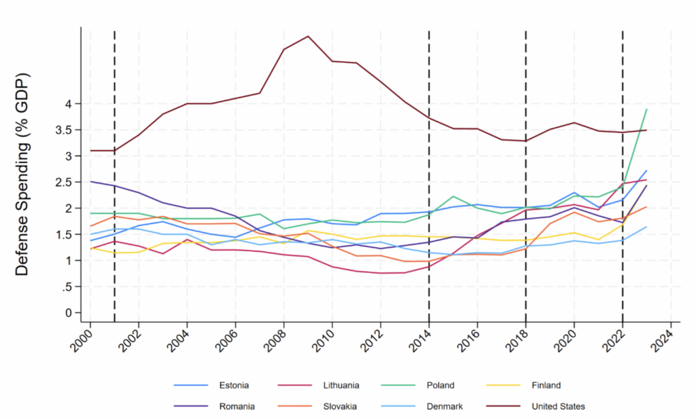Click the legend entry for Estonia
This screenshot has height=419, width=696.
tap(232, 385)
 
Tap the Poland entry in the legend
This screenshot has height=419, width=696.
tap(439, 385)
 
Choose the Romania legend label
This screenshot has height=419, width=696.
tap(236, 407)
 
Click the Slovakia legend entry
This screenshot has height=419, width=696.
tap(340, 407)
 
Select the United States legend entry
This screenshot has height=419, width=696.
tap(558, 407)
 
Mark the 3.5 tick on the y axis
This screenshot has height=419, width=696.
tap(64, 130)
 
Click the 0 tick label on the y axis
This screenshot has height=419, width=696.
tap(68, 313)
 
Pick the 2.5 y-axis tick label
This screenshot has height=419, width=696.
tap(64, 182)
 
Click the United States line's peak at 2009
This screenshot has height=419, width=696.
tap(308, 36)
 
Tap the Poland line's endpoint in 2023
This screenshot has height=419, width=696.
tap(646, 109)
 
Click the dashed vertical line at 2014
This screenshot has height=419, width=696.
tap(429, 204)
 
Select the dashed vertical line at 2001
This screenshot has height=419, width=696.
tap(114, 204)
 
